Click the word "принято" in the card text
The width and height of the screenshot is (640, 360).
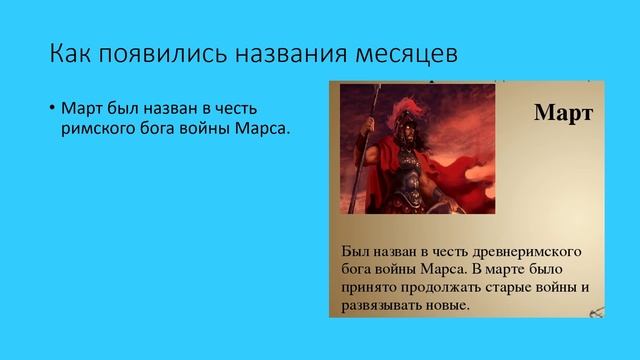click(367, 287)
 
